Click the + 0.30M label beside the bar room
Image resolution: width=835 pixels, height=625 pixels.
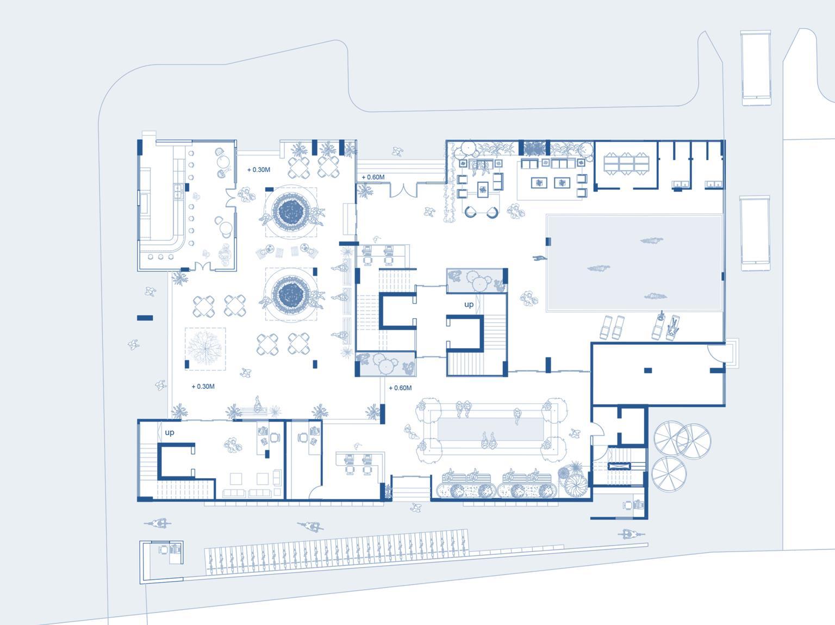point(259,170)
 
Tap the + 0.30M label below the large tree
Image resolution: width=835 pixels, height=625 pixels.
point(203,386)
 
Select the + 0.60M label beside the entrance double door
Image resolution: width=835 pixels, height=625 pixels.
point(373,177)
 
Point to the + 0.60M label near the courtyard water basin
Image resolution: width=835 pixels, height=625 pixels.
point(400,388)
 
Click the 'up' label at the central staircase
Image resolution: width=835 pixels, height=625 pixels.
point(469,305)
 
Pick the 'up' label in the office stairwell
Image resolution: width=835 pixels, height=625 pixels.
point(169,432)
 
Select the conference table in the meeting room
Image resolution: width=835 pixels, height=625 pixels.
point(626,164)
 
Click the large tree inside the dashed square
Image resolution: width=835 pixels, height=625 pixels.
point(205,348)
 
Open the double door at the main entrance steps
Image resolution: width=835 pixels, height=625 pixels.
point(403,190)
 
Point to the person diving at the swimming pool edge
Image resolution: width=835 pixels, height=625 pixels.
point(540,258)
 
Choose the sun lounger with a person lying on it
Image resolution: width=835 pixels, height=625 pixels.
point(672,327)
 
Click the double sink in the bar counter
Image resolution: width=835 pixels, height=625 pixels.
point(178,191)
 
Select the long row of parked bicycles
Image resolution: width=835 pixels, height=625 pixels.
point(337,552)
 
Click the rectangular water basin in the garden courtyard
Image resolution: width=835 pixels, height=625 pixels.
point(490,429)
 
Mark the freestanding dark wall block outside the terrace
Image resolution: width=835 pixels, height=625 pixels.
point(145,318)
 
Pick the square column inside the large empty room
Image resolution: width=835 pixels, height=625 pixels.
point(648,370)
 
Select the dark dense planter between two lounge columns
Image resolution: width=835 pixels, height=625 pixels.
point(534,148)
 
